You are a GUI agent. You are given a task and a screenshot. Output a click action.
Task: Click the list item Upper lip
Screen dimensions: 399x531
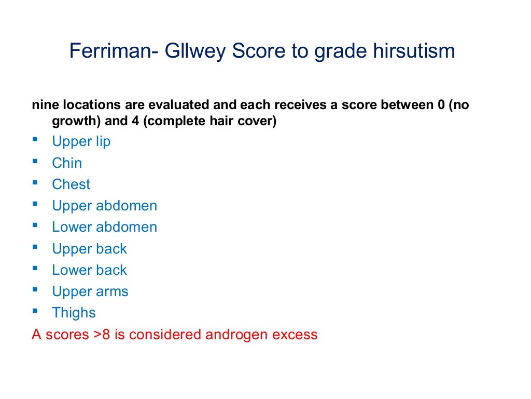point(81,141)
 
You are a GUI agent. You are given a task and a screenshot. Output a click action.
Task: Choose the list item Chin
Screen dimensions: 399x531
point(67,163)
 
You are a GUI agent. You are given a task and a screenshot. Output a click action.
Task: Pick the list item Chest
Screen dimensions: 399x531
point(71,184)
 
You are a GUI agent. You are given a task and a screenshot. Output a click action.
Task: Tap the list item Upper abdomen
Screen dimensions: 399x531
point(104,206)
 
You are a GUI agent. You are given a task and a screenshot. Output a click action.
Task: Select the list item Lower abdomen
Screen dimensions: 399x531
point(104,227)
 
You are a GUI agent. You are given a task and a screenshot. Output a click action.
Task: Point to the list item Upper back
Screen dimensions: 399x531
point(89,249)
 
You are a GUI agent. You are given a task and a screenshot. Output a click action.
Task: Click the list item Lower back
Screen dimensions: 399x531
point(89,270)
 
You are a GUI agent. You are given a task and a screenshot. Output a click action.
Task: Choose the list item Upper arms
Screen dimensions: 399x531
point(90,291)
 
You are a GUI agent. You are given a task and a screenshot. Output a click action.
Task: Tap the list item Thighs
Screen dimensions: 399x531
point(74,313)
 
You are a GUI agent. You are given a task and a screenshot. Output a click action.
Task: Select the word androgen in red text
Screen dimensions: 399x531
point(237,335)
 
